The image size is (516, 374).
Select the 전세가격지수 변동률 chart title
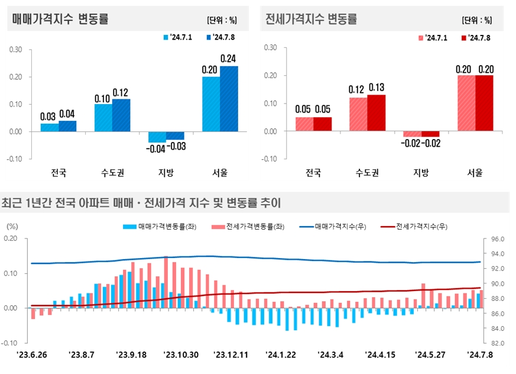311,18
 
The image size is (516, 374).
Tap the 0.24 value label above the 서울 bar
229,59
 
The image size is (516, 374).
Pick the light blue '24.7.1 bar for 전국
50,127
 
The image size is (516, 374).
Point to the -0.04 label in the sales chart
157,148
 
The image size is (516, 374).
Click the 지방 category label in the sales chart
166,173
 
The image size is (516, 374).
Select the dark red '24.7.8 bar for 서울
484,103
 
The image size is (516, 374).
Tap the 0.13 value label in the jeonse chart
376,88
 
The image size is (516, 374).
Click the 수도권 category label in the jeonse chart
367,173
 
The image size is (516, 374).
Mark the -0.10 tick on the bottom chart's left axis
10,343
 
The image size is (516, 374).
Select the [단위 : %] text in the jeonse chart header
476,20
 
